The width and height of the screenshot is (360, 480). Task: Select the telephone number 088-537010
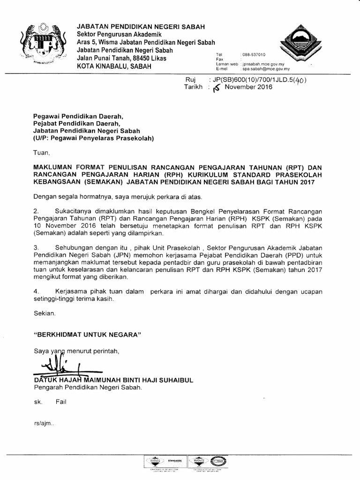pyautogui.click(x=253, y=55)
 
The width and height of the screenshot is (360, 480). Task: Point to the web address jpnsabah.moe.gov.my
pyautogui.click(x=265, y=64)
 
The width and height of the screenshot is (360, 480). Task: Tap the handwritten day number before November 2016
pyautogui.click(x=216, y=88)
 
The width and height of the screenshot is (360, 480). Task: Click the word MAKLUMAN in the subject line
pyautogui.click(x=55, y=167)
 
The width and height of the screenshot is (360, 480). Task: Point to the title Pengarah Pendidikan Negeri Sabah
pyautogui.click(x=87, y=388)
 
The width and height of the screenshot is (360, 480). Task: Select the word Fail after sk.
pyautogui.click(x=61, y=402)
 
